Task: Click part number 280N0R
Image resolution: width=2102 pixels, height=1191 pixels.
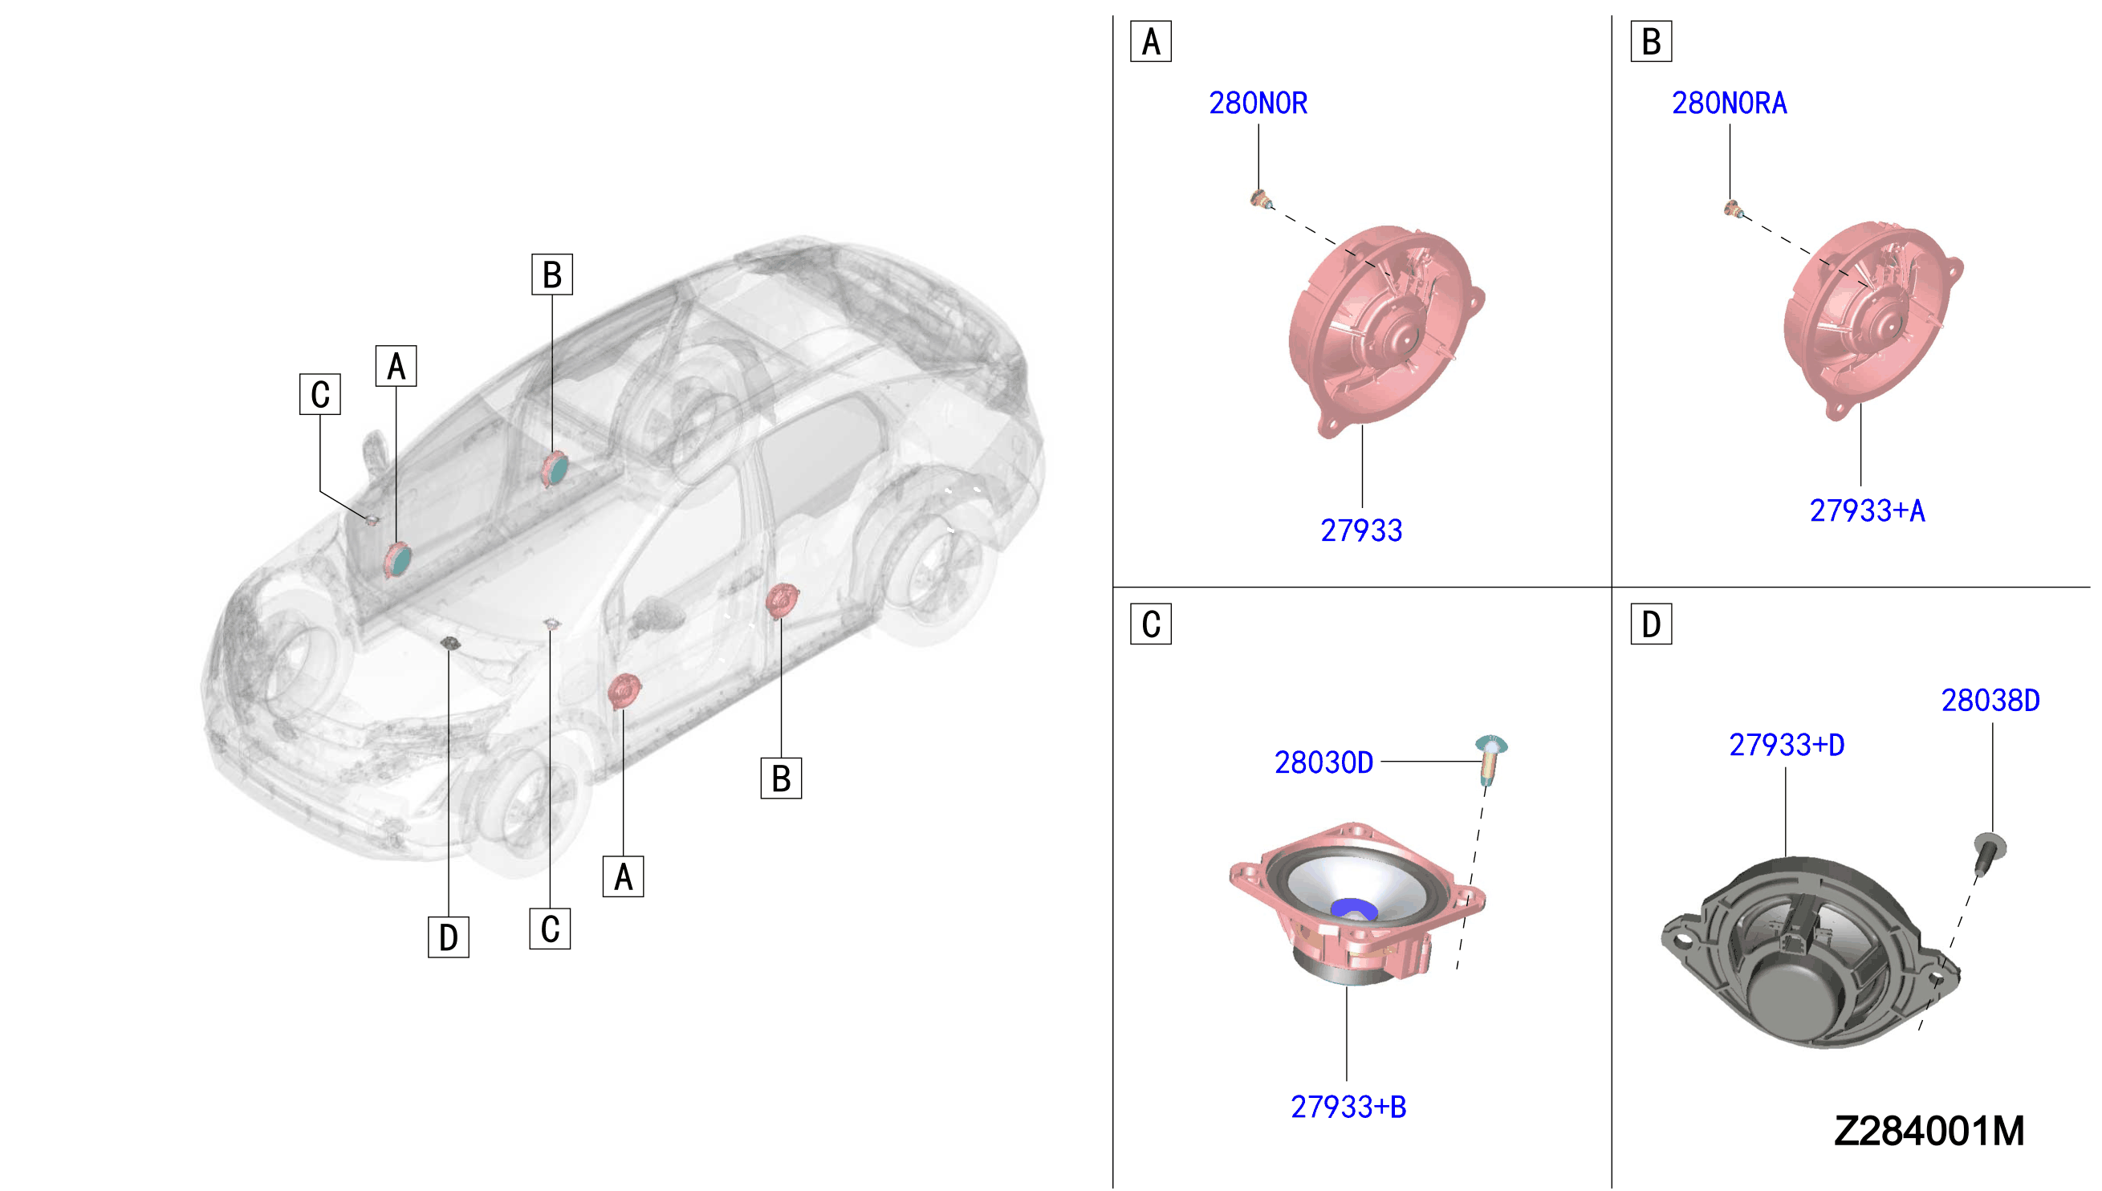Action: pyautogui.click(x=1258, y=103)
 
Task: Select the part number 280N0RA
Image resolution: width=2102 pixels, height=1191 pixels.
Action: pyautogui.click(x=1729, y=103)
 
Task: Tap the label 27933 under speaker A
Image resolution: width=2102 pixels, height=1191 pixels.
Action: pyautogui.click(x=1361, y=530)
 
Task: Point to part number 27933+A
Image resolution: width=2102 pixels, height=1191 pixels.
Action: pyautogui.click(x=1868, y=510)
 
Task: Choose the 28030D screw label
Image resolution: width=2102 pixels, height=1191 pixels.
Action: pyautogui.click(x=1323, y=762)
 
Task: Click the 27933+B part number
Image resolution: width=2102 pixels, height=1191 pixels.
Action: pyautogui.click(x=1348, y=1107)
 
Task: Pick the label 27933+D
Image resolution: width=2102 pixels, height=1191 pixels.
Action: pyautogui.click(x=1787, y=746)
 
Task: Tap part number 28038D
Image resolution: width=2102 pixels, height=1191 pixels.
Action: pyautogui.click(x=1990, y=700)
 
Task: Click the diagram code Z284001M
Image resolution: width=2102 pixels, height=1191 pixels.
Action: pyautogui.click(x=1929, y=1132)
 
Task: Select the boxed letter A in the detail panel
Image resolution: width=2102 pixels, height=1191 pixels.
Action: pyautogui.click(x=1151, y=42)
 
